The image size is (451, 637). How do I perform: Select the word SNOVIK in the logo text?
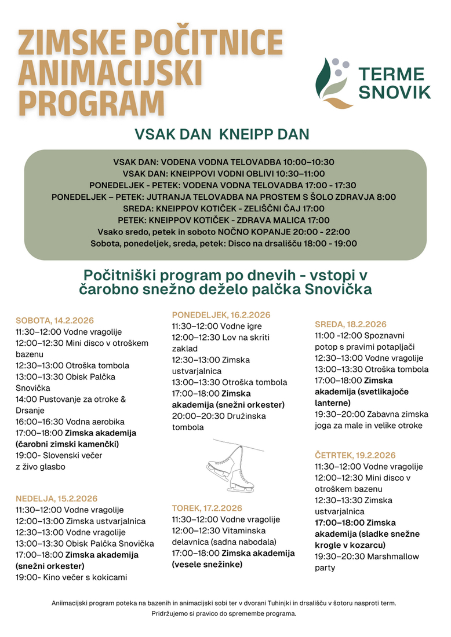394,91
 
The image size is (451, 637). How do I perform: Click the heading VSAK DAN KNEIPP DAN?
222,134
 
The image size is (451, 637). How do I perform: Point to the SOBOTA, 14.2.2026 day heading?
54,320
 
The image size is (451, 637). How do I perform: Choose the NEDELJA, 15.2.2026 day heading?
57,499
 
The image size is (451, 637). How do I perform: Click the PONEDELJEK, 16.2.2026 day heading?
221,314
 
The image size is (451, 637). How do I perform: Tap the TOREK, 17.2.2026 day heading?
206,508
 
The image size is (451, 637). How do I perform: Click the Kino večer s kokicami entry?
71,577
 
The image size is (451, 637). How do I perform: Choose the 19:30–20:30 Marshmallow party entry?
367,562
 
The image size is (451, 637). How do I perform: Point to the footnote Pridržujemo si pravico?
224,614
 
